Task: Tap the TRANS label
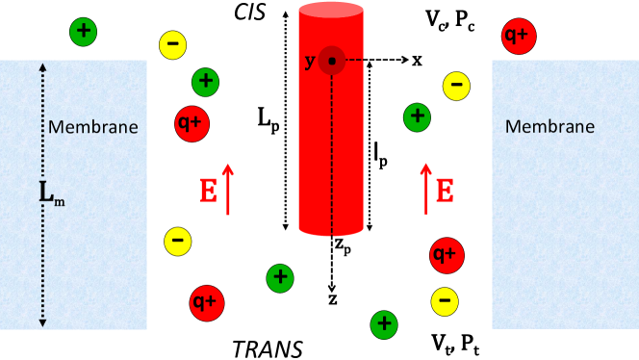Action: tap(268, 347)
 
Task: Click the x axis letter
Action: tap(417, 61)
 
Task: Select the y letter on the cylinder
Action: tap(310, 62)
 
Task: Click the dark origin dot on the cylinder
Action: tap(332, 61)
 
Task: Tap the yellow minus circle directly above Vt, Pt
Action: tap(443, 300)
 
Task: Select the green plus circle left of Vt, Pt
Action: tap(383, 322)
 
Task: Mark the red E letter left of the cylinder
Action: tap(207, 192)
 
